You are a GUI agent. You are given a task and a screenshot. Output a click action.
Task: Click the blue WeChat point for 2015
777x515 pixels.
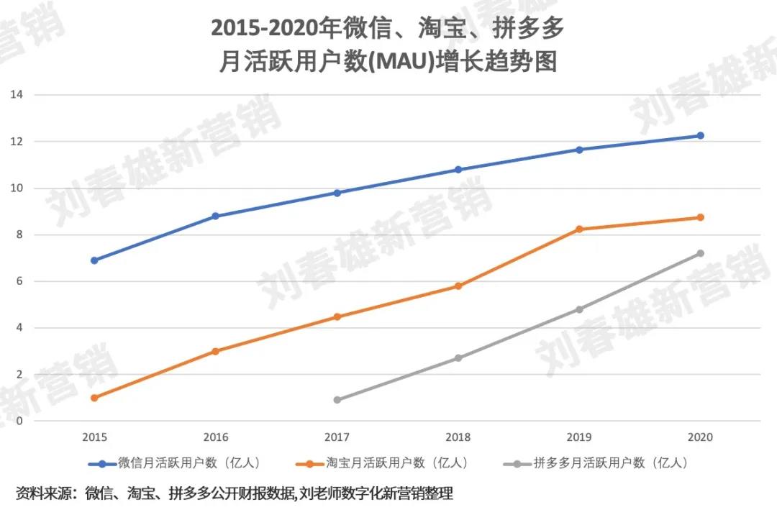(x=94, y=260)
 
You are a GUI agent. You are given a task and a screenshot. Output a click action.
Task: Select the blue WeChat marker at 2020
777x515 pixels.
(x=700, y=135)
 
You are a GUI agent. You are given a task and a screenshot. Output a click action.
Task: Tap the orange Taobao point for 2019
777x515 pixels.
(x=579, y=229)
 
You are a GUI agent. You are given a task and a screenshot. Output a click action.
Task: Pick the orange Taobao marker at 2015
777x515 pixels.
(x=94, y=398)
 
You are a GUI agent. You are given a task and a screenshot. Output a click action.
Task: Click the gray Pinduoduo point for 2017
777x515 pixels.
(x=337, y=400)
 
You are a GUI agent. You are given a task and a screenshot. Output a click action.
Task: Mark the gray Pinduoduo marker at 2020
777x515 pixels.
(x=700, y=253)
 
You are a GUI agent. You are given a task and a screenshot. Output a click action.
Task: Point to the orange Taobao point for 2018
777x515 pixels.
(x=458, y=286)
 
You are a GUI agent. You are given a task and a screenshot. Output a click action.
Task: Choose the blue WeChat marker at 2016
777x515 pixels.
(x=215, y=216)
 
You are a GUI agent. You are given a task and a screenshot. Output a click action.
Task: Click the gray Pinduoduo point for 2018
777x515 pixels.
(x=458, y=358)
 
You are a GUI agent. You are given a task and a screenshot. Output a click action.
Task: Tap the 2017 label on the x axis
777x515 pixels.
(x=337, y=437)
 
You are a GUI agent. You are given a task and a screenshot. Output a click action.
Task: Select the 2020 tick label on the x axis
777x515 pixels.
(x=700, y=437)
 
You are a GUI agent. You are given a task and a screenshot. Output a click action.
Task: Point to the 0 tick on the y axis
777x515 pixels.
(x=20, y=421)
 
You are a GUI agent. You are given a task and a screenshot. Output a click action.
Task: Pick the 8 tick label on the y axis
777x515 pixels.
(x=20, y=234)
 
